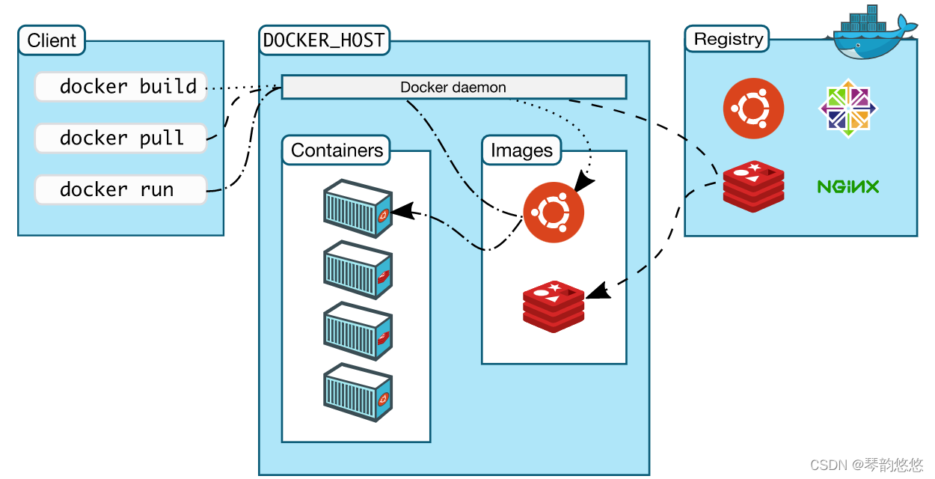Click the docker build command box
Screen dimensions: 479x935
[x=120, y=87]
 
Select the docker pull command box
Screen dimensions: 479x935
[x=120, y=138]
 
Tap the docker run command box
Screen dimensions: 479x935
[x=120, y=190]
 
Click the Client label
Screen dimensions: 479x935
[x=52, y=40]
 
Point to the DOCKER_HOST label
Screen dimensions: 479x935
[x=324, y=40]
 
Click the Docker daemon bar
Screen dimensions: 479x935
[x=453, y=87]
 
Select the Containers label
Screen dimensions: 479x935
[x=337, y=150]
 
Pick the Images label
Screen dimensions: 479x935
[x=521, y=150]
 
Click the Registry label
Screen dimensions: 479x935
[x=728, y=39]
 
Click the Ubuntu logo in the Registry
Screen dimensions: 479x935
[x=753, y=109]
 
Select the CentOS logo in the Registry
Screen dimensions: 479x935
[x=847, y=109]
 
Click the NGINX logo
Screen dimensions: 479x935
[x=847, y=186]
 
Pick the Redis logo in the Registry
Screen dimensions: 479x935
[x=753, y=186]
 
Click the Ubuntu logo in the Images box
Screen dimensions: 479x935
[x=554, y=213]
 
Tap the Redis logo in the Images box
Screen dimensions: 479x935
[x=554, y=305]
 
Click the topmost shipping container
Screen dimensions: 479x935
[x=358, y=209]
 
